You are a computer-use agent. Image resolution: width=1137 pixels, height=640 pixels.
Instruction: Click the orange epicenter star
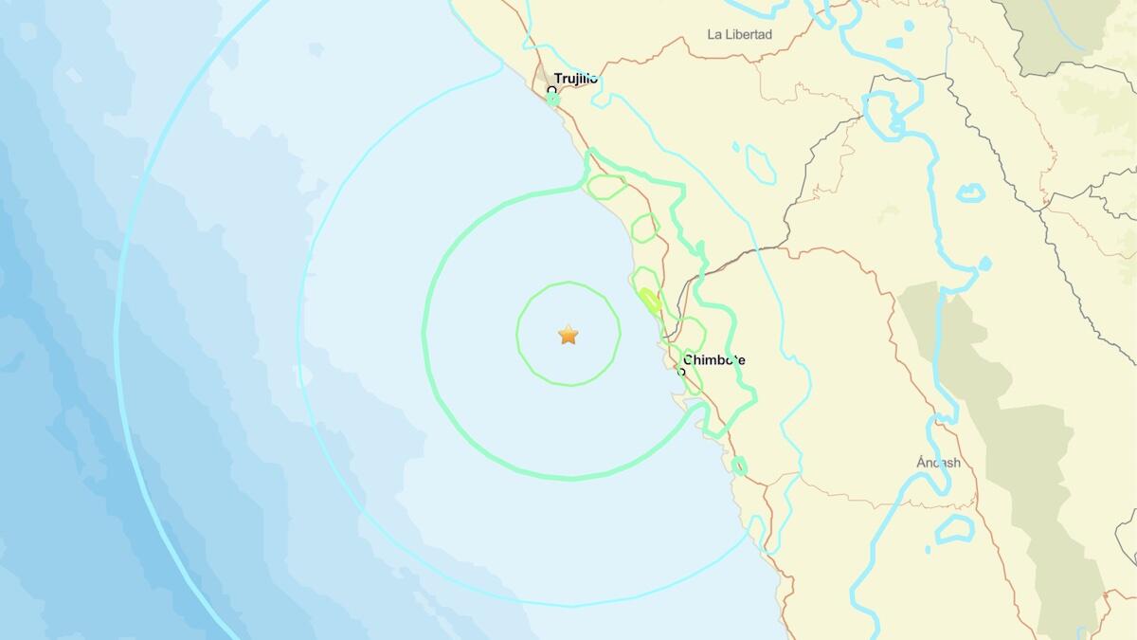tap(568, 334)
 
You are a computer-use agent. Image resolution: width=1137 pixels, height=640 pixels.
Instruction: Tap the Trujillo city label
tap(576, 79)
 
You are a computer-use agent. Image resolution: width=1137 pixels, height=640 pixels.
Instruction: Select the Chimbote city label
tap(713, 360)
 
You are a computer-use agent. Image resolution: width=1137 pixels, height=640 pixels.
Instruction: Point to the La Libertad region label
tap(740, 35)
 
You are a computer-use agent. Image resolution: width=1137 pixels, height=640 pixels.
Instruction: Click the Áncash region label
tap(938, 463)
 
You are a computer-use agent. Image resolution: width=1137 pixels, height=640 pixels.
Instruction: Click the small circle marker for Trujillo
tap(551, 91)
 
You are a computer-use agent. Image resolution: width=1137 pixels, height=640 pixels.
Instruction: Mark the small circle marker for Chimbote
tap(681, 372)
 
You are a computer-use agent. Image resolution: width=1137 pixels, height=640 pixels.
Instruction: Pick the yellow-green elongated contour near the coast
tap(649, 301)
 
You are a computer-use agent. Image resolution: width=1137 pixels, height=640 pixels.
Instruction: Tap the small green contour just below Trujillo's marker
tap(553, 100)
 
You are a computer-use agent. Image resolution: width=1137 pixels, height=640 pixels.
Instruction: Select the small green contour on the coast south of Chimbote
tap(739, 466)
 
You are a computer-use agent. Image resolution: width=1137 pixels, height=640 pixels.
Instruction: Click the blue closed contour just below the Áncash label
tap(954, 529)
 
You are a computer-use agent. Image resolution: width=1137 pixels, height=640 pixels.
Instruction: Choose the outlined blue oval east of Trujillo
tap(760, 164)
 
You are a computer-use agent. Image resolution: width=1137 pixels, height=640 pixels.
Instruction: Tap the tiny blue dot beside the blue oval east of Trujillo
tap(735, 147)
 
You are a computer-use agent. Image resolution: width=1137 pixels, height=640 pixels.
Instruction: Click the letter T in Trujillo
tap(558, 79)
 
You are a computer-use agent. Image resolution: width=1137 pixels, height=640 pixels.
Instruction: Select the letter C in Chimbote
tap(687, 360)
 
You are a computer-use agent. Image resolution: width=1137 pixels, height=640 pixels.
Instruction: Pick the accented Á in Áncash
tap(921, 462)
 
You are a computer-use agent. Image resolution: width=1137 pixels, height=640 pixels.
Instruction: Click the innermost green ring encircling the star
tap(568, 283)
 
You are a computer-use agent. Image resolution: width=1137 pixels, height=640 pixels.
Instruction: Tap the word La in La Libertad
tap(715, 35)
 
